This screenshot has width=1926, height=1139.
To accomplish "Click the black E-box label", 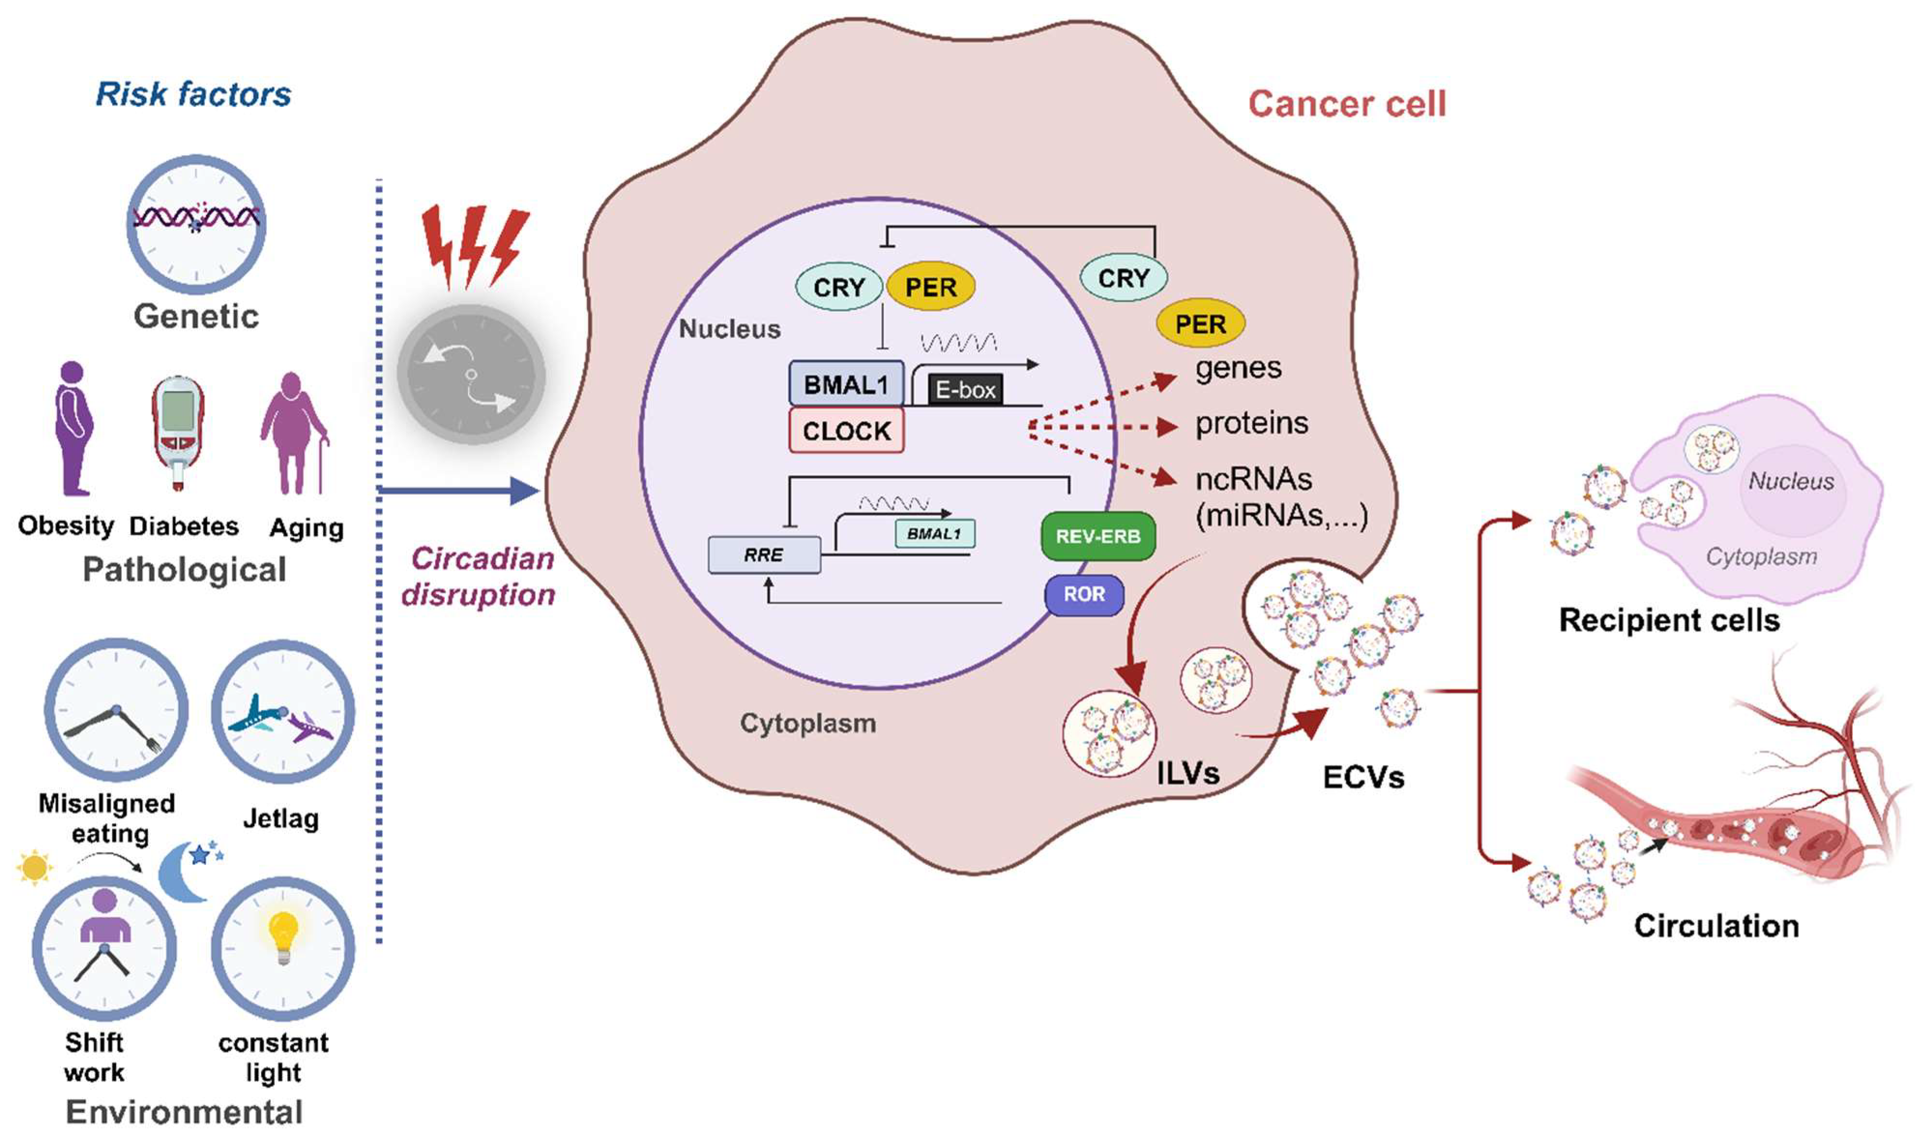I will pyautogui.click(x=965, y=390).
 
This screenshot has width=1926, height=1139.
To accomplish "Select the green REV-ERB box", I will pyautogui.click(x=1098, y=536).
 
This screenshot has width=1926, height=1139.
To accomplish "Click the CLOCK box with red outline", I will pyautogui.click(x=846, y=432).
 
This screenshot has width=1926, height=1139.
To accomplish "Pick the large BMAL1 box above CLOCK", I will pyautogui.click(x=846, y=384).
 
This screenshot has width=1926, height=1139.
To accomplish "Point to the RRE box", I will pyautogui.click(x=764, y=555).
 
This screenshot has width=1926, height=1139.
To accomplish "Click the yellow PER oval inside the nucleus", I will pyautogui.click(x=931, y=287).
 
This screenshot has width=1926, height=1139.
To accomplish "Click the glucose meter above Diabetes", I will pyautogui.click(x=178, y=432).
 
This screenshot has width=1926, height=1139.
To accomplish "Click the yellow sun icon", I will pyautogui.click(x=34, y=868).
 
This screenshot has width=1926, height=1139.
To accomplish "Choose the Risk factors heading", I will pyautogui.click(x=193, y=94).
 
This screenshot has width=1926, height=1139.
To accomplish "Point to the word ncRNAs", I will pyautogui.click(x=1253, y=479).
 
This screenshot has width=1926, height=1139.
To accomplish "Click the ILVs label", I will pyautogui.click(x=1187, y=773).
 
